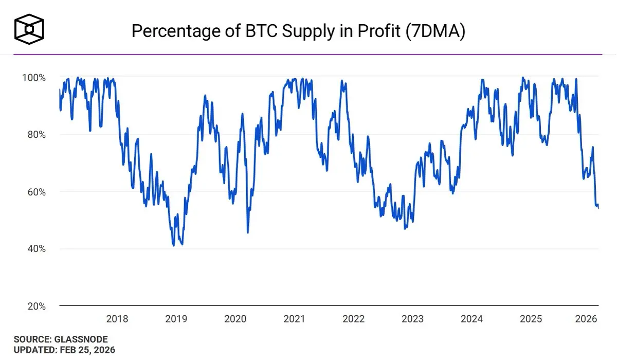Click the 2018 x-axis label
[x=117, y=319]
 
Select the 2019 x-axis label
[x=176, y=319]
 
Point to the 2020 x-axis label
[x=235, y=319]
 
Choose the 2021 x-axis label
[x=294, y=319]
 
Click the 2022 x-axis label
[x=353, y=319]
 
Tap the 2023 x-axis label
[x=412, y=319]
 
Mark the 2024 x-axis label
[x=471, y=319]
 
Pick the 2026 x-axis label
[x=587, y=319]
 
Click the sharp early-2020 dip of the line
[x=248, y=232]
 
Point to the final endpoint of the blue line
[x=598, y=207]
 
